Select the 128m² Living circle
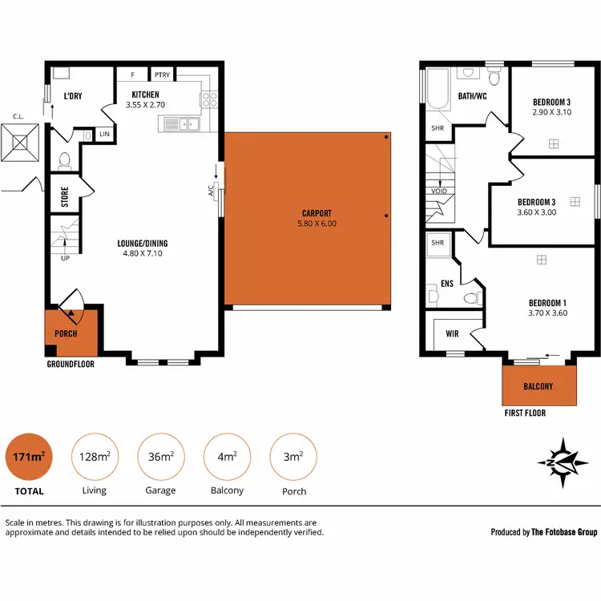[x=95, y=457]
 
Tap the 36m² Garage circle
[x=161, y=457]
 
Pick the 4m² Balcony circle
[x=228, y=457]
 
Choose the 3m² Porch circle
[x=294, y=457]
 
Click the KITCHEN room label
[x=146, y=95]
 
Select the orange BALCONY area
[x=538, y=385]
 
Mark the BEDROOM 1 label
[x=548, y=302]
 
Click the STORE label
[x=65, y=196]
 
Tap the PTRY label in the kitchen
[x=163, y=75]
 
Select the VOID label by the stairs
[x=438, y=192]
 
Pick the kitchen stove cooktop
[x=209, y=100]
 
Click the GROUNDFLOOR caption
[x=71, y=363]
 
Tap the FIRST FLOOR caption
[x=525, y=413]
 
